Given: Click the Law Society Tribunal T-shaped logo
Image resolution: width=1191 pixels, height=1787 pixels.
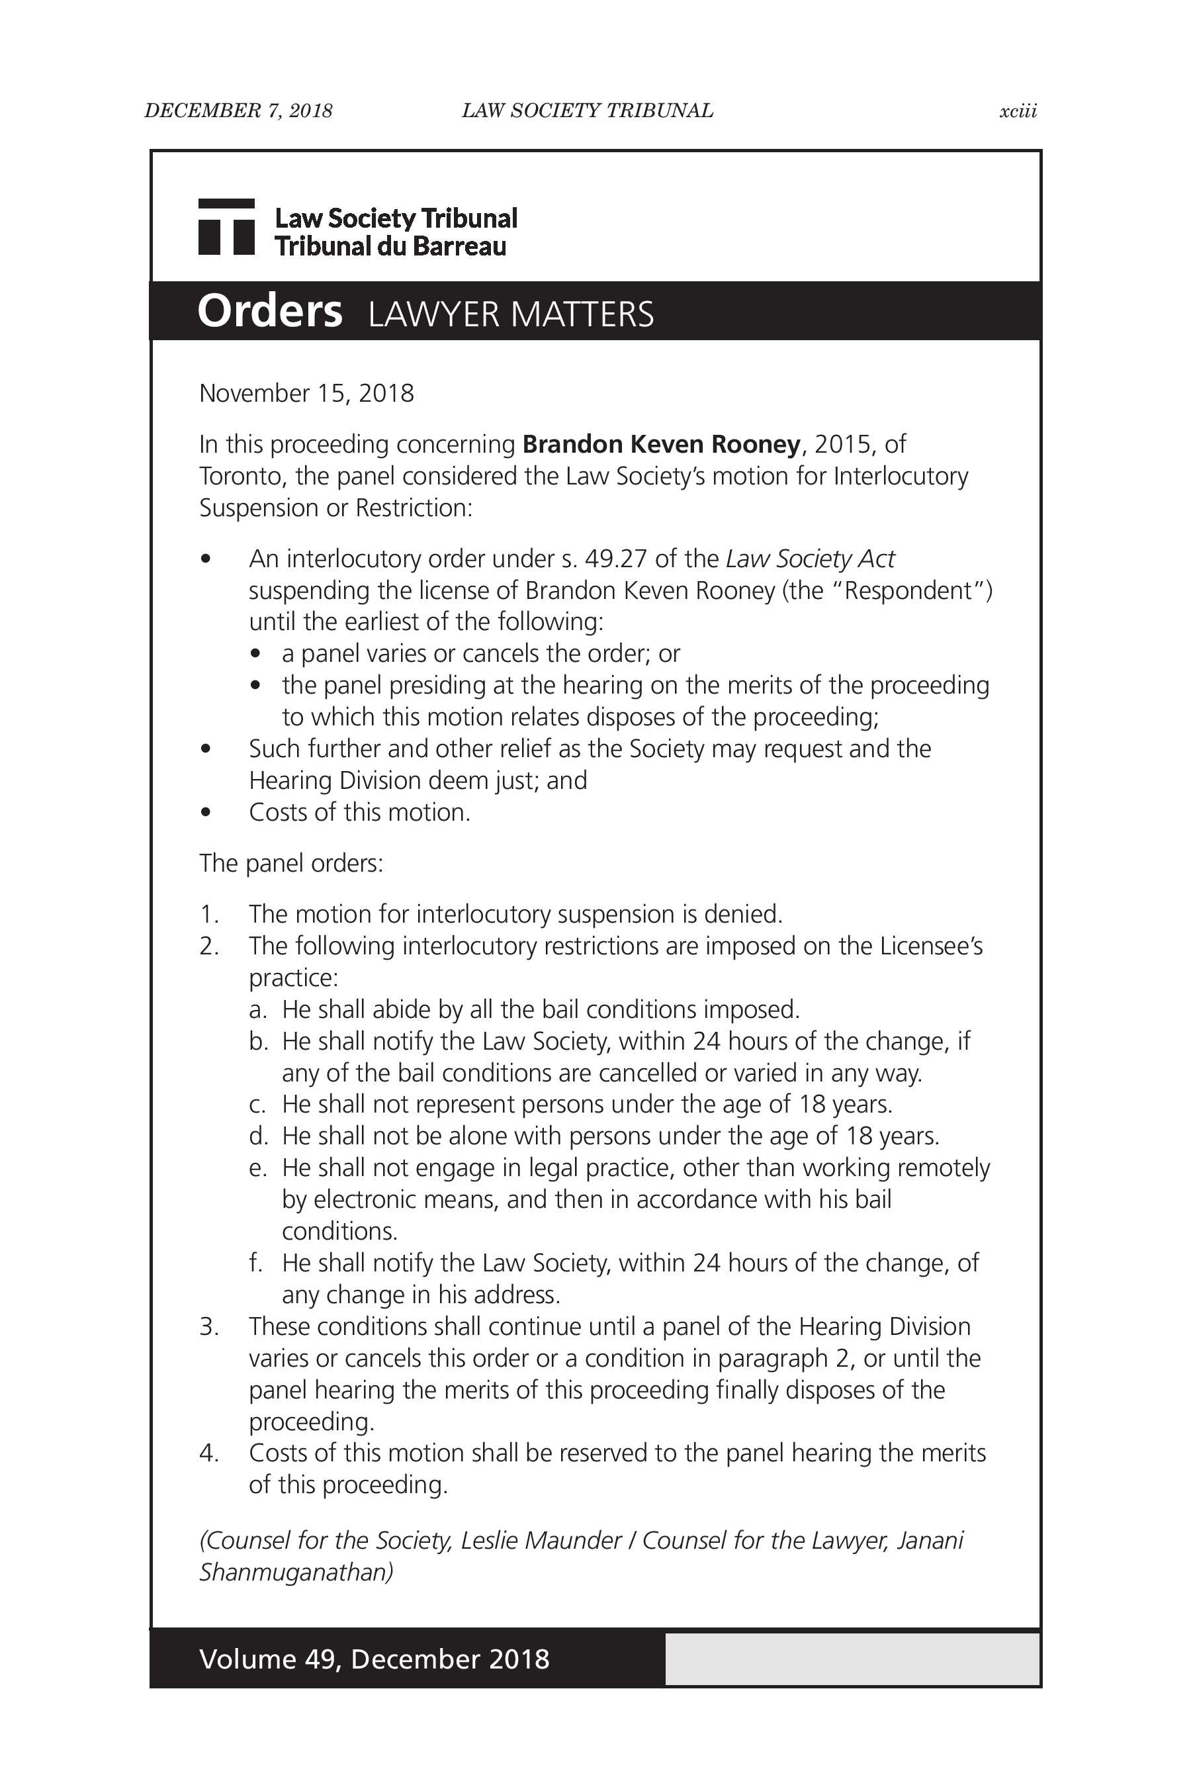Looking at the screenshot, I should [x=226, y=226].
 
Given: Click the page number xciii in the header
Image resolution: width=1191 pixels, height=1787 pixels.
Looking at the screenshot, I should [x=1017, y=111].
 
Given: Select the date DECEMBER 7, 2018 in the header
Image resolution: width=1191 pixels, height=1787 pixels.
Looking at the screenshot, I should [x=238, y=111].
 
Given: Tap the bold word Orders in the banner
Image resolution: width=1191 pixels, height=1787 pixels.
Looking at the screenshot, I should [x=270, y=311].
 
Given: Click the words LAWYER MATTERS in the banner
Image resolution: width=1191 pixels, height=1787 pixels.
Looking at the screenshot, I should [x=510, y=314].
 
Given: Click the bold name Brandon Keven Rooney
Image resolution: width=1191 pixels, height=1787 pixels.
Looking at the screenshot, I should [x=661, y=443].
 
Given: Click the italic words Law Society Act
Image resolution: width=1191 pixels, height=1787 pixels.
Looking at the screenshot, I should [x=810, y=559].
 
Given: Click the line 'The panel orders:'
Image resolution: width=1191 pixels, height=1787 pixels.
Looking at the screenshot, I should [x=291, y=863].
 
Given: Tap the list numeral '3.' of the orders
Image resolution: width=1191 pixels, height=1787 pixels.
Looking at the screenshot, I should [x=209, y=1326].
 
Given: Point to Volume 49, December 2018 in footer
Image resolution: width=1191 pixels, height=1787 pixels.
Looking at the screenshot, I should [x=374, y=1659].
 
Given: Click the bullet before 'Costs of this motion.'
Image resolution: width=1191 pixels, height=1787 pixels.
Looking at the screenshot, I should [x=206, y=813].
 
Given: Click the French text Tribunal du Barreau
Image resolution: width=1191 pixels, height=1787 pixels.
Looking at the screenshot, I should [x=390, y=246].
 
